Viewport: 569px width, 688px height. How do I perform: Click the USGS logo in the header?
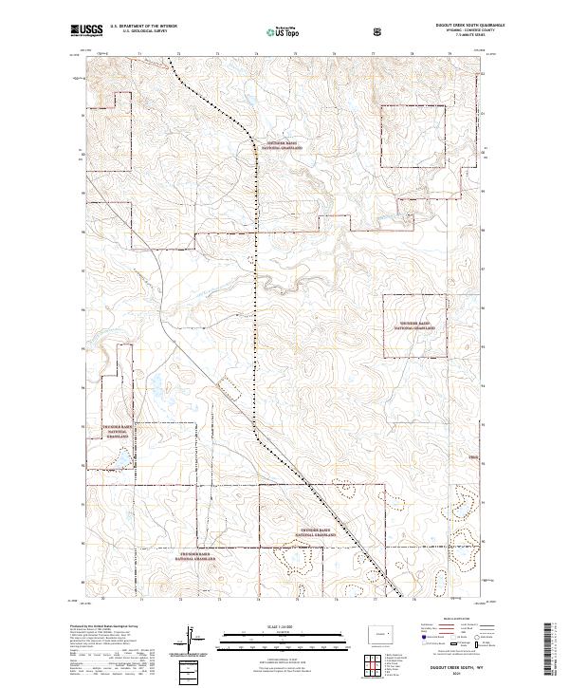tap(85, 32)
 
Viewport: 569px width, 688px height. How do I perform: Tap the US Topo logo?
tap(277, 33)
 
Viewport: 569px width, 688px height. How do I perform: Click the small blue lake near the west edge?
tap(121, 462)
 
